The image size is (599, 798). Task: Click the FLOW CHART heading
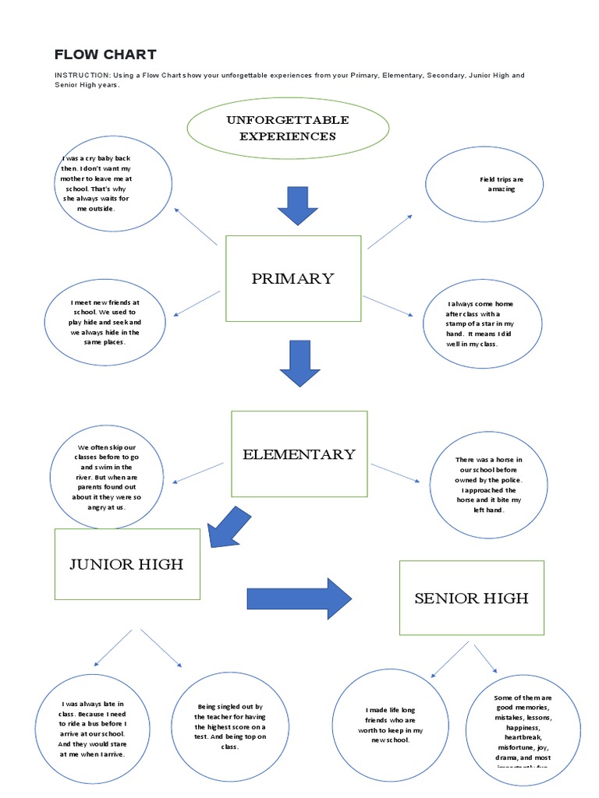[x=105, y=55]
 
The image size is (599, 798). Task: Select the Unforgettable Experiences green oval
[x=287, y=128]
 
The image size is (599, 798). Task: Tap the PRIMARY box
[x=292, y=278]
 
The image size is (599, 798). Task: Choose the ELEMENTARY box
[x=299, y=454]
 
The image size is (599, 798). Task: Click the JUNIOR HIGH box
[x=126, y=564]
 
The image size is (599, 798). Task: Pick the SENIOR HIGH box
[x=471, y=598]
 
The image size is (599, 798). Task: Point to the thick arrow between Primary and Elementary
[x=299, y=363]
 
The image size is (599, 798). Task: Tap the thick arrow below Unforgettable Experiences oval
[x=297, y=206]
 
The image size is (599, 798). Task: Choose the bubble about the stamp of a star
[x=480, y=323]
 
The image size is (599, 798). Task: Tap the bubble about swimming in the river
[x=108, y=477]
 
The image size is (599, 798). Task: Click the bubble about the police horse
[x=488, y=485]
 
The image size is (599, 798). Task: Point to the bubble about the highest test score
[x=229, y=726]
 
